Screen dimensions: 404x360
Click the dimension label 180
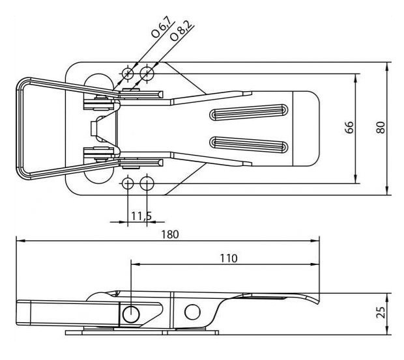tap(170, 234)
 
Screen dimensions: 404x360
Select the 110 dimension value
tap(229, 258)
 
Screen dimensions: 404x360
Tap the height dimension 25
tap(381, 312)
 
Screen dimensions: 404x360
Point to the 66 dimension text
tap(349, 127)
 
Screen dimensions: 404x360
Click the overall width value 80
tap(381, 127)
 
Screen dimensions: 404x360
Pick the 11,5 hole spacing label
tap(141, 216)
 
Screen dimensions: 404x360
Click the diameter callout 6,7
tap(162, 27)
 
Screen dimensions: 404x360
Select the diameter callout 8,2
tap(181, 31)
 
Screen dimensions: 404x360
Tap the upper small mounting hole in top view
tap(128, 74)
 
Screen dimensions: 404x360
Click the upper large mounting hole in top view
tap(147, 74)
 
